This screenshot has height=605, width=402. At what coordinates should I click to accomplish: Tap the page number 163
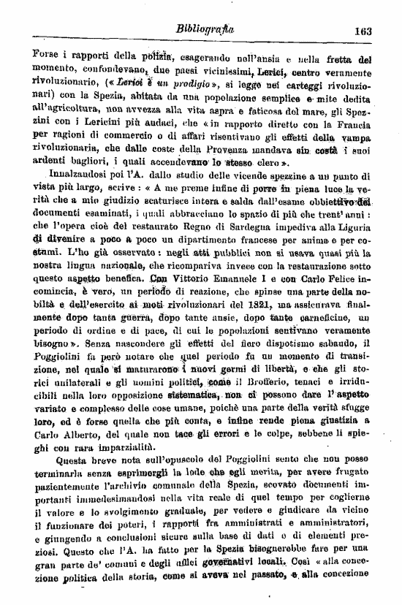[363, 31]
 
